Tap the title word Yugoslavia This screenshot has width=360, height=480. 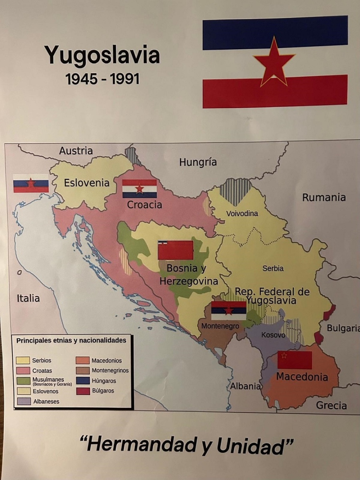tap(102, 55)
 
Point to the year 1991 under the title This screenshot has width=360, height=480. tap(125, 79)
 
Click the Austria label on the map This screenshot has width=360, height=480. tap(76, 151)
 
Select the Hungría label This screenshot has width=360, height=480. tap(198, 162)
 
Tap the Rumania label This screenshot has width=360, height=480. tap(324, 197)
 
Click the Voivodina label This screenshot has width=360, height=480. tap(242, 213)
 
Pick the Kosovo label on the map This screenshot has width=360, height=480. tap(273, 335)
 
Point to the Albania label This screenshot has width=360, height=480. tap(245, 386)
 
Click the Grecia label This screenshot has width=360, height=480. tap(331, 405)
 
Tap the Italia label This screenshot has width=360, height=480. tap(28, 298)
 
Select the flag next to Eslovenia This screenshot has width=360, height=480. tap(31, 183)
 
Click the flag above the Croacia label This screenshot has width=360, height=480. tap(140, 188)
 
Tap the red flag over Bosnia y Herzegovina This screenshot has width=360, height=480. tap(176, 250)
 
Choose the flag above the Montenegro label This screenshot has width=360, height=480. tap(228, 311)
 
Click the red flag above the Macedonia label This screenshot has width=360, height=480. tap(295, 360)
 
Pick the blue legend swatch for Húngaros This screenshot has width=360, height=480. tap(83, 380)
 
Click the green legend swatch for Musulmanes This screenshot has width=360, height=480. tap(24, 381)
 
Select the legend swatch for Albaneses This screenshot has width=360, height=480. tap(24, 401)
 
